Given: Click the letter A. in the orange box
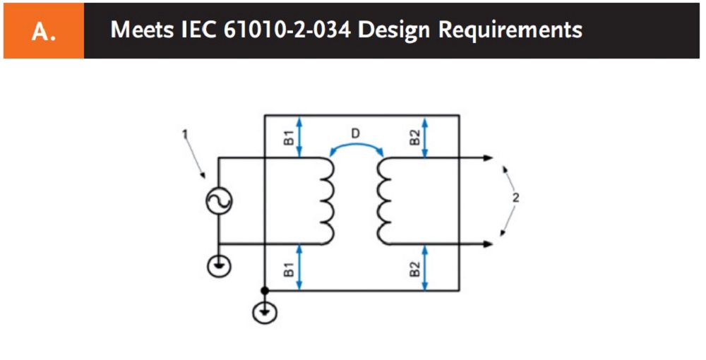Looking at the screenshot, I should (x=43, y=32).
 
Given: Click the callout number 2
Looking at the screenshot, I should (x=515, y=198).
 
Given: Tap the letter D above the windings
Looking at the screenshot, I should (x=357, y=132).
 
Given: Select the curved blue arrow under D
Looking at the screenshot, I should (x=357, y=146).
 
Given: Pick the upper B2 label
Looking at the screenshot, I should (x=414, y=136).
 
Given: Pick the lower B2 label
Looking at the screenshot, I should (x=414, y=268).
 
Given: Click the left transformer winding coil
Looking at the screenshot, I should (x=327, y=201).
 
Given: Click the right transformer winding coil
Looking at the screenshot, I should (x=383, y=201).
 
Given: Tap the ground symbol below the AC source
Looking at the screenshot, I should (x=218, y=265).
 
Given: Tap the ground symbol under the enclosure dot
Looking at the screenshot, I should (x=264, y=311).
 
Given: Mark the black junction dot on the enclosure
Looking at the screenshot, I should (x=264, y=290).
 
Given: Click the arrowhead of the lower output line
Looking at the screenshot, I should (x=488, y=244).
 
